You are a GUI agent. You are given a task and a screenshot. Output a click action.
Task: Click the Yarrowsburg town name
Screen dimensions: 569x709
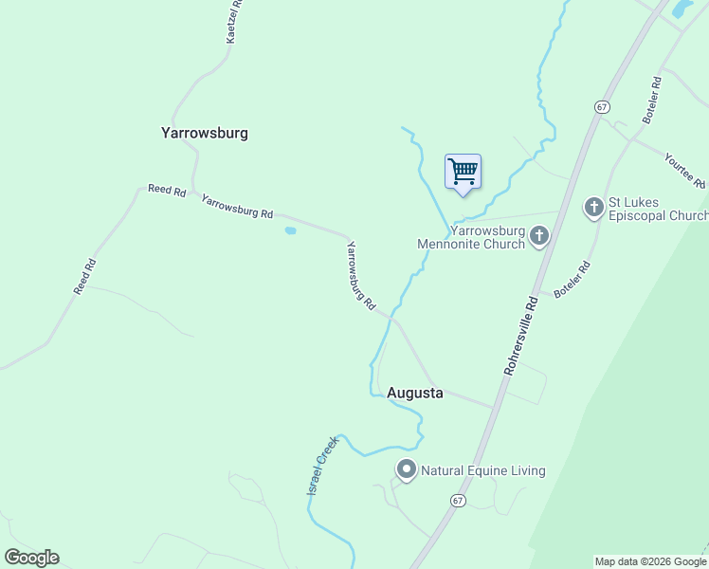point(205,133)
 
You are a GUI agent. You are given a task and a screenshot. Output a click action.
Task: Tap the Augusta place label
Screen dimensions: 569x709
point(415,393)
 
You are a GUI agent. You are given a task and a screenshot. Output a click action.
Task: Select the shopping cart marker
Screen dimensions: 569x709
point(463,173)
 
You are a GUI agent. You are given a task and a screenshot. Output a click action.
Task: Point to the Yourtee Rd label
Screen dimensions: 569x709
point(685,170)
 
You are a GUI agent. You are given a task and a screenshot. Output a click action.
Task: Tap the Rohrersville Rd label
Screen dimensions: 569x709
point(520,333)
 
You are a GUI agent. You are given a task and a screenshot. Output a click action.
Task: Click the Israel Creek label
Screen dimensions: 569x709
point(322,465)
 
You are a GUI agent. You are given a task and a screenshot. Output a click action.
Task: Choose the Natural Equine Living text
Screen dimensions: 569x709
point(483,470)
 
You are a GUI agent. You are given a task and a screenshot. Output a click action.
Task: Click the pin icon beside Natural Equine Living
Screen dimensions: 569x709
point(407,469)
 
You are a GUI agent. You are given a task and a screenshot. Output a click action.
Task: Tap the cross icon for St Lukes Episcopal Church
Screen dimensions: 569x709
point(594,207)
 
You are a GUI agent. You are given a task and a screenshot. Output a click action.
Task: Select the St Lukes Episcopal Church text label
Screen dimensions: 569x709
point(658,209)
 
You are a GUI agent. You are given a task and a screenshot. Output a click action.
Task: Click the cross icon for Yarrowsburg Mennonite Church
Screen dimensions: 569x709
point(539,235)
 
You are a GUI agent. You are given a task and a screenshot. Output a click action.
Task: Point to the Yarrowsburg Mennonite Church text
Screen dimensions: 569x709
point(474,237)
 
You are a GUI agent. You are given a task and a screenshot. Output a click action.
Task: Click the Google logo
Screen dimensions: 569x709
point(31,557)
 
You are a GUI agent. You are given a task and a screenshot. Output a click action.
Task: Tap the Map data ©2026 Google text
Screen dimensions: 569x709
point(650,561)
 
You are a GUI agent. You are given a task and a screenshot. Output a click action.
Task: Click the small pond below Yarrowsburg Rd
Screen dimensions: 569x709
point(290,229)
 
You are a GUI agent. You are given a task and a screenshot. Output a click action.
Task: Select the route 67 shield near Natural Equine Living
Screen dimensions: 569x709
point(458,500)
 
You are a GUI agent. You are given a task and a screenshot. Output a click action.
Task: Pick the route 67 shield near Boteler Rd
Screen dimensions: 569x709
point(602,106)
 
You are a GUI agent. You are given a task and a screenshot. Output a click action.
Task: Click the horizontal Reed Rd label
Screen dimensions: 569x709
point(167,190)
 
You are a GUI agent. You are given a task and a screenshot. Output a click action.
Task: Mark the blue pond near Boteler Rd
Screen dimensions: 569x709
point(681,9)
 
